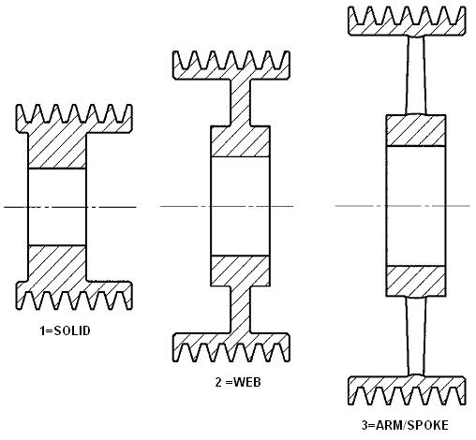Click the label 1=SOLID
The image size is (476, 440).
coord(65,330)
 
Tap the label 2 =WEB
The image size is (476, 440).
coord(238,382)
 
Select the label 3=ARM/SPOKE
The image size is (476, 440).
coord(405,425)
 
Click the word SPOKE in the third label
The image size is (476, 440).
coord(428,425)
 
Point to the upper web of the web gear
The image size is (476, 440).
coord(241,102)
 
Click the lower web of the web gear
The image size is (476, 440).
coord(241,310)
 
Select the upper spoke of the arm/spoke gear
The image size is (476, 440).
coord(416,75)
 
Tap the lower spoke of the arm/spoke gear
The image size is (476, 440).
coord(416,336)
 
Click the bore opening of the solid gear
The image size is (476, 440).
coord(57,207)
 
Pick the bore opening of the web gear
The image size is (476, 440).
coord(240,206)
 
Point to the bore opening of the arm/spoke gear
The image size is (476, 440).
coord(416,206)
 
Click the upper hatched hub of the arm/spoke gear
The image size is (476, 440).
coord(416,130)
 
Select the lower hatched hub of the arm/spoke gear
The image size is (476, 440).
coord(416,281)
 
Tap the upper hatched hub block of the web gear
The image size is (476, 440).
coord(240,141)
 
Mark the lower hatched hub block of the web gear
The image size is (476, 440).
coord(240,271)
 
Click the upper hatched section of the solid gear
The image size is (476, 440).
coord(57,152)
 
